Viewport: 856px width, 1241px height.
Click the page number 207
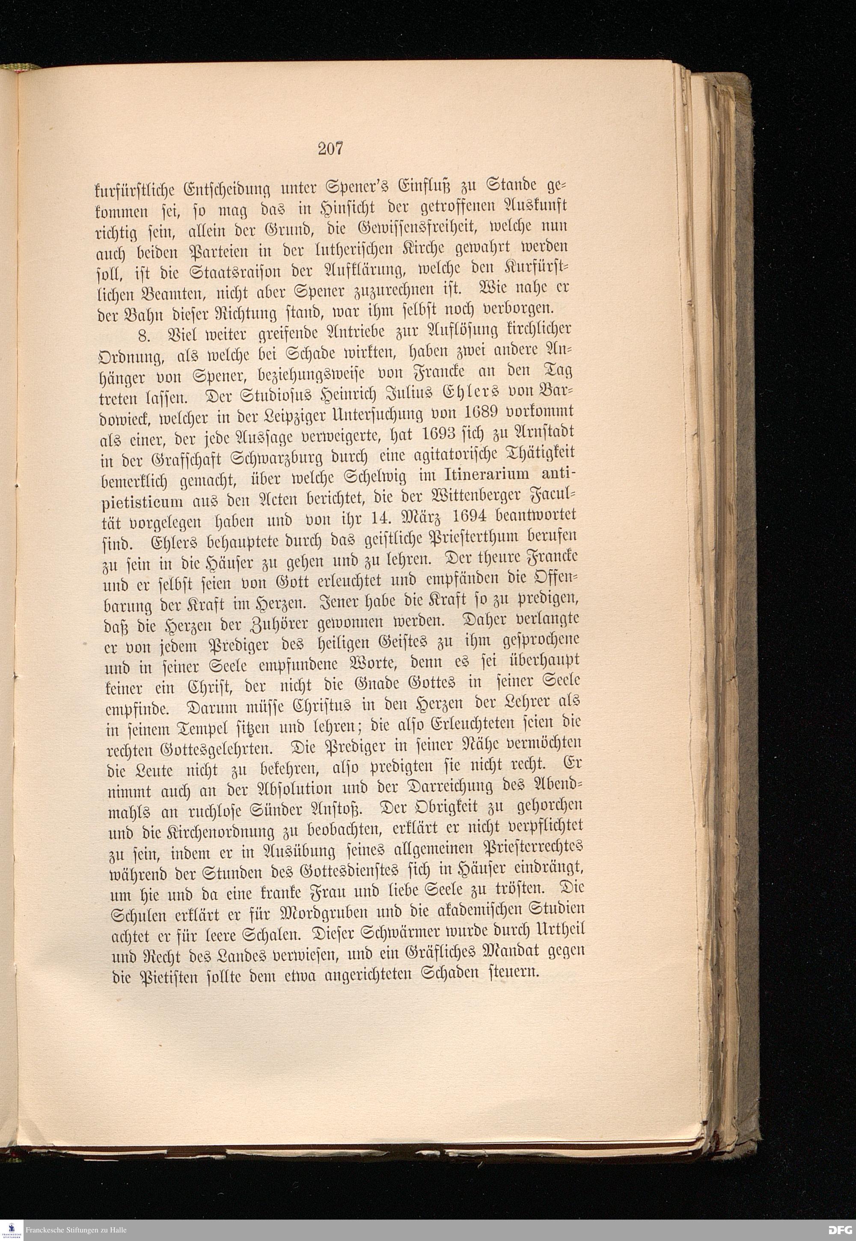330,148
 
